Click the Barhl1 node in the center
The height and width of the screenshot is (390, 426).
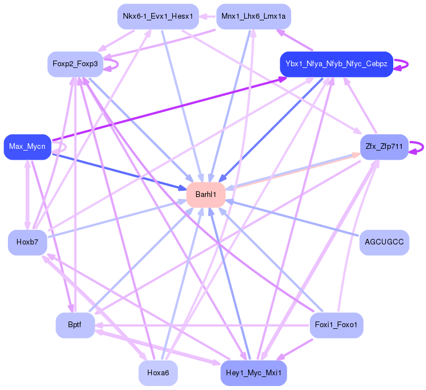pyautogui.click(x=206, y=195)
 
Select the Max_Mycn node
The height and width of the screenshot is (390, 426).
pyautogui.click(x=27, y=147)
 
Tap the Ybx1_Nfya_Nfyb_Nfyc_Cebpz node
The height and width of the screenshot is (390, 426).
pyautogui.click(x=336, y=64)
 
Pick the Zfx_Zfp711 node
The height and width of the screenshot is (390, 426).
pyautogui.click(x=384, y=147)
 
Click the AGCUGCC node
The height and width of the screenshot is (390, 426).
pyautogui.click(x=384, y=242)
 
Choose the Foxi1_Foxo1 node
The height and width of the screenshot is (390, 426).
pyautogui.click(x=336, y=325)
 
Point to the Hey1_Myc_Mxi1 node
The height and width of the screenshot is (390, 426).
pyautogui.click(x=253, y=373)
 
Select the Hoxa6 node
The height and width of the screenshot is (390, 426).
pyautogui.click(x=158, y=373)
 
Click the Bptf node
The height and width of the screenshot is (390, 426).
pyautogui.click(x=75, y=325)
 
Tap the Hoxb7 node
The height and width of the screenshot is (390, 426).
pyautogui.click(x=27, y=242)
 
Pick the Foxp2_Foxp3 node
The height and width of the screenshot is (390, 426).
pyautogui.click(x=75, y=64)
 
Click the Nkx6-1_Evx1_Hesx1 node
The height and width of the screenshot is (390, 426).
pyautogui.click(x=158, y=16)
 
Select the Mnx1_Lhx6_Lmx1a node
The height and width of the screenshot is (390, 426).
pyautogui.click(x=253, y=16)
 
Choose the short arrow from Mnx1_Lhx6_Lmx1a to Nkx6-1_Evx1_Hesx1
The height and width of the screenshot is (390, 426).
pyautogui.click(x=207, y=16)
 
